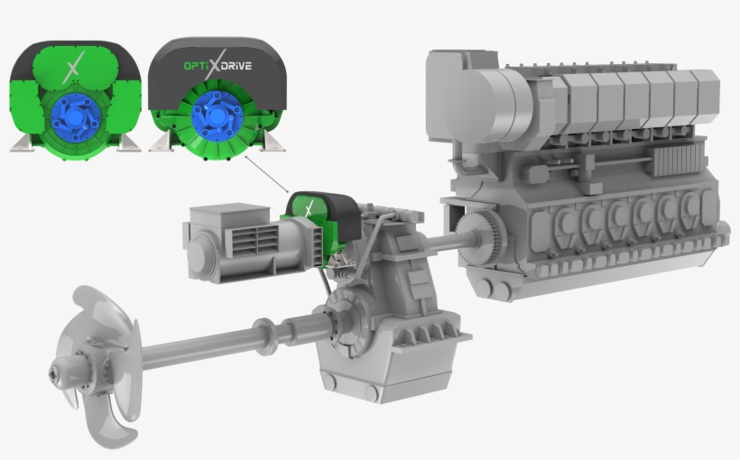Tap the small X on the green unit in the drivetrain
click(x=310, y=208)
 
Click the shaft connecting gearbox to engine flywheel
click(x=442, y=241)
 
